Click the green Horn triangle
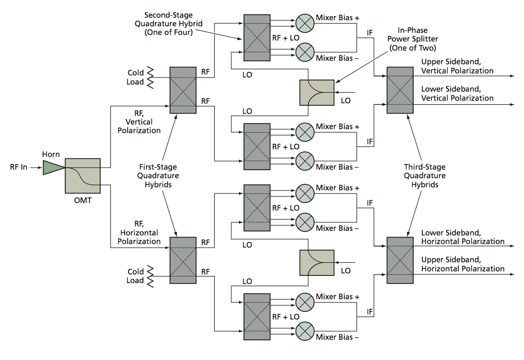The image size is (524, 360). [52, 167]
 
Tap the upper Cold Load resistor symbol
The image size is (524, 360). [150, 77]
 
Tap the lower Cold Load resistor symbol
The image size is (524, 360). [150, 275]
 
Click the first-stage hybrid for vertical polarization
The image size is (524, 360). [183, 90]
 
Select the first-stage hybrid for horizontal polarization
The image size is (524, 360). [183, 260]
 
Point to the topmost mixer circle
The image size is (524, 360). [305, 22]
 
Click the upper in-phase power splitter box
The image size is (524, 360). [317, 92]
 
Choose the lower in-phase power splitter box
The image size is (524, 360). [317, 262]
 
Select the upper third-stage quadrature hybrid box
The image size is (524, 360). [400, 90]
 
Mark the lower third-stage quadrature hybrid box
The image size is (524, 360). [400, 260]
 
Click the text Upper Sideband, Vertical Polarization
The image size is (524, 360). [457, 66]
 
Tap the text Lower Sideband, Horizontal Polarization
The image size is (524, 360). [463, 237]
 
